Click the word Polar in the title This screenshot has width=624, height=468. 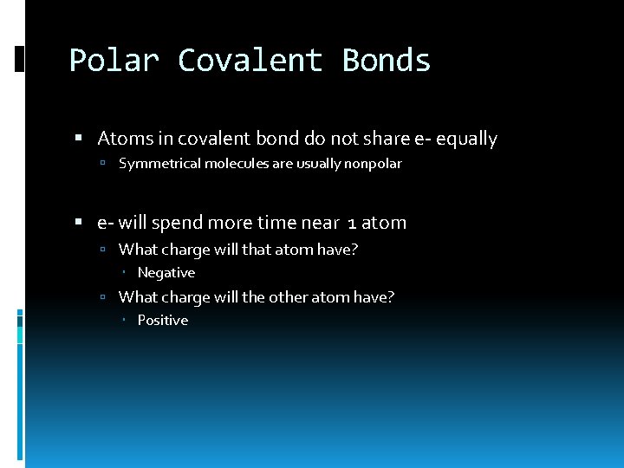click(113, 61)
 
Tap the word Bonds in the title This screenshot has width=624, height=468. click(387, 61)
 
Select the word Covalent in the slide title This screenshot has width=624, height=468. click(250, 61)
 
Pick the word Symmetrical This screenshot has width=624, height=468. click(159, 163)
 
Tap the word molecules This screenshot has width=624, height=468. click(237, 163)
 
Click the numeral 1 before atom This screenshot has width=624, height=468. click(351, 224)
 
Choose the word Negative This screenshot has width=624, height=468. click(166, 273)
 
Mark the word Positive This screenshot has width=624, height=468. click(163, 321)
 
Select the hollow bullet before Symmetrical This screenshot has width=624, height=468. click(102, 164)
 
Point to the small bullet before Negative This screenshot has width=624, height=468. click(125, 273)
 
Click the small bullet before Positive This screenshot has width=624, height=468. click(125, 321)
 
